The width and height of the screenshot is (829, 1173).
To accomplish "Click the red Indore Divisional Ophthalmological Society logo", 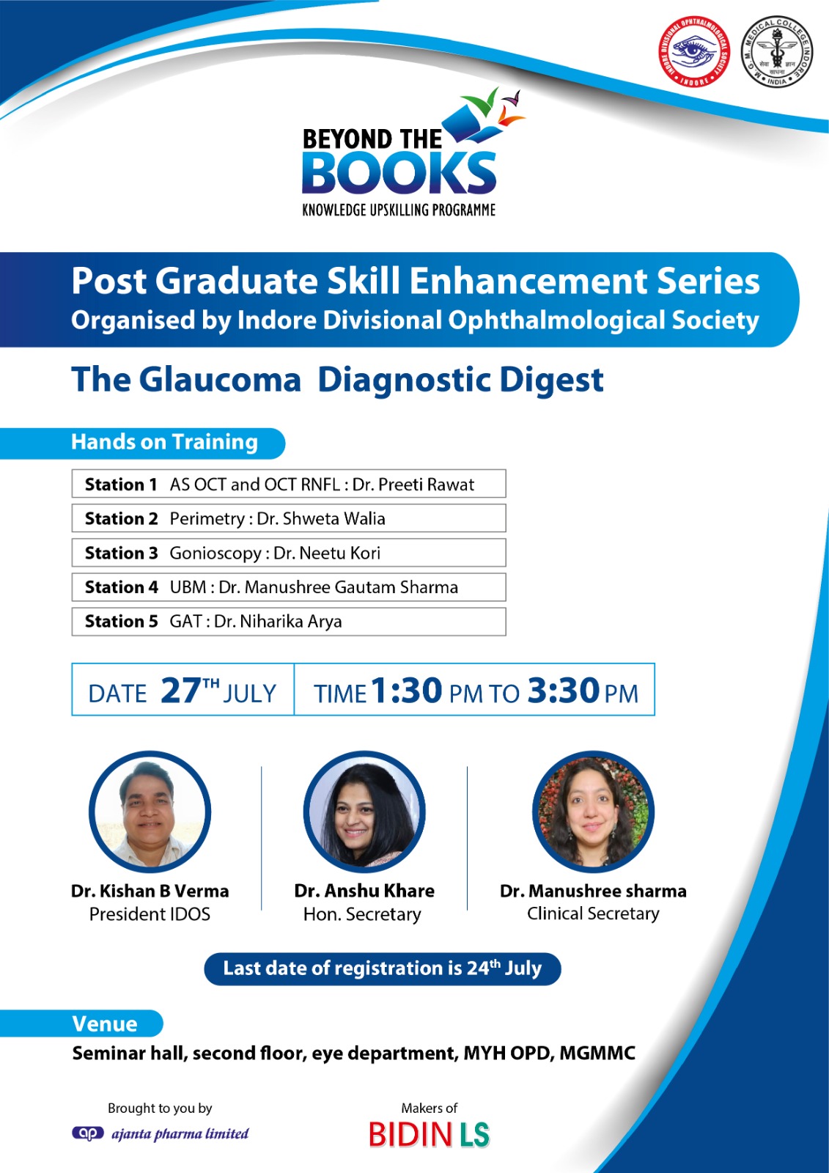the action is (x=694, y=51).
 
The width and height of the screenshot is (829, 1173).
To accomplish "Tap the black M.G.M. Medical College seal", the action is (x=777, y=51).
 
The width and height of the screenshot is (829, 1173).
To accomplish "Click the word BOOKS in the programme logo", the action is (x=399, y=173).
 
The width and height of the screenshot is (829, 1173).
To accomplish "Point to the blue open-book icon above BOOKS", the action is (x=471, y=124).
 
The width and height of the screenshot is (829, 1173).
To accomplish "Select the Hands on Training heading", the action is (x=164, y=442).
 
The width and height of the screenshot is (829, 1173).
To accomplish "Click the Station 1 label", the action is (x=121, y=485).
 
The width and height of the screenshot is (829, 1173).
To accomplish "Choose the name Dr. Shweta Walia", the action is (x=321, y=518).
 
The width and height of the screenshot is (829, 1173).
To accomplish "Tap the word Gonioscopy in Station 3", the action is (x=215, y=554).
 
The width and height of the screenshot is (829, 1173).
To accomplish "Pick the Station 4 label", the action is (x=122, y=587).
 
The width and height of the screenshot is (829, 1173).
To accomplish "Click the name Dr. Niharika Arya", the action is (x=278, y=622).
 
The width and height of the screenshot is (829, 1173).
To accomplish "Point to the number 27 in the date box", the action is (x=180, y=690).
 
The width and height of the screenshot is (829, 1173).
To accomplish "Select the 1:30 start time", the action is (x=406, y=690).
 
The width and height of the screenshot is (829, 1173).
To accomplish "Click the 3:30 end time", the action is (x=564, y=690).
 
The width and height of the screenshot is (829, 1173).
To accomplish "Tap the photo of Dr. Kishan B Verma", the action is (x=150, y=812).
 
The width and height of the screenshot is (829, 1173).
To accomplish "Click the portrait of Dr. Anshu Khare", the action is (x=364, y=812).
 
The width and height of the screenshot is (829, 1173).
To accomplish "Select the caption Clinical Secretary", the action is (x=593, y=913).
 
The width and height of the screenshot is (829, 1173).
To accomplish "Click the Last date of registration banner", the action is (x=383, y=968).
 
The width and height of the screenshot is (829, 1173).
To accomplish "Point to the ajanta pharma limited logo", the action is (x=161, y=1133).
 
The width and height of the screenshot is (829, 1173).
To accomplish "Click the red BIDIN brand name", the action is (x=410, y=1135).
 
